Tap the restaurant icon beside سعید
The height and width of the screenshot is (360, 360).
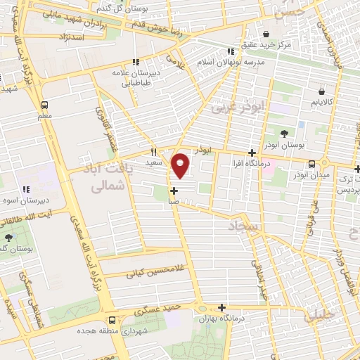[154, 151]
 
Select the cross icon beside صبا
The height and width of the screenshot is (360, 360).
[174, 190]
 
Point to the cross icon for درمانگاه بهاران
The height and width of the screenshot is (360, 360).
[222, 307]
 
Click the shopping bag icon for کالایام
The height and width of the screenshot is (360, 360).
[321, 91]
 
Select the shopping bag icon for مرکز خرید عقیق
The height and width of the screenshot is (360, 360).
[266, 34]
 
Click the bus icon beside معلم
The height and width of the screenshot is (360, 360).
[44, 103]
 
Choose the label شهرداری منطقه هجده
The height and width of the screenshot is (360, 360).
[115, 330]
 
